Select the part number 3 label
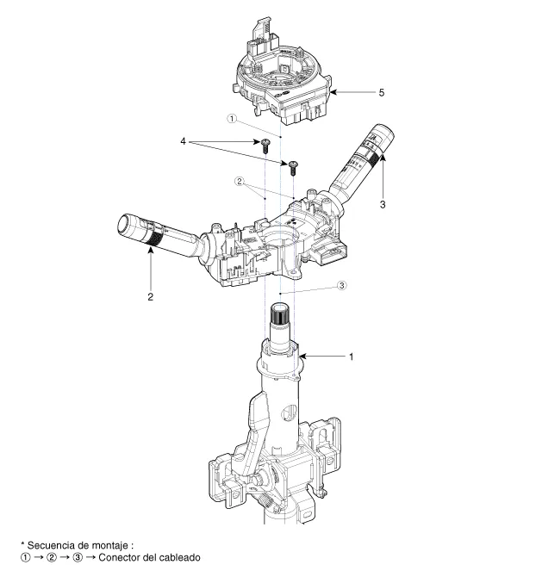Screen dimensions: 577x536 [382, 204]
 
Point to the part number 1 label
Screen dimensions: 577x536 [350, 356]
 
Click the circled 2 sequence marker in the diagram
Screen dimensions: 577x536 [242, 183]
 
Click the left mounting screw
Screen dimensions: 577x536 [266, 143]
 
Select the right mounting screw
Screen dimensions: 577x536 [293, 163]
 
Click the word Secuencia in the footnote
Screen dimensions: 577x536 [53, 546]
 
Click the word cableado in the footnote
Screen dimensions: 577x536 [179, 557]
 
